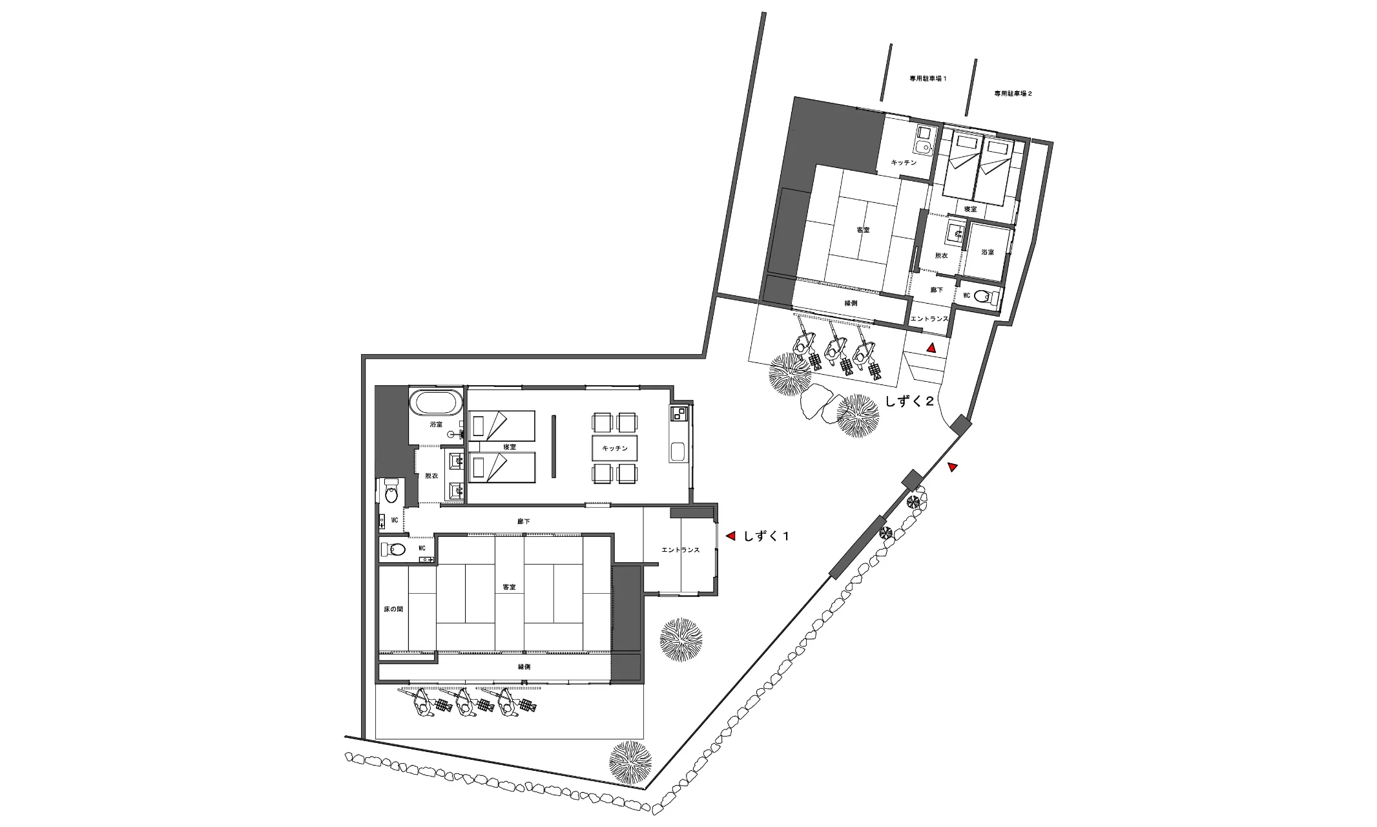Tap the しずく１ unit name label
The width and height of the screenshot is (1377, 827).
point(766,536)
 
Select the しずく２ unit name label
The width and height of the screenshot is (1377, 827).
point(909,401)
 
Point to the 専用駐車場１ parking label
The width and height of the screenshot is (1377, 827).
point(928,78)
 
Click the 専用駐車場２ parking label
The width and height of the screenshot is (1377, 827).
point(1013,94)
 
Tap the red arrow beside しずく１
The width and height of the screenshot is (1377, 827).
point(731,536)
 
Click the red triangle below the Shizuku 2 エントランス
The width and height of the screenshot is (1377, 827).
point(931,348)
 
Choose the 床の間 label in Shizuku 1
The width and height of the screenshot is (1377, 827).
point(393,609)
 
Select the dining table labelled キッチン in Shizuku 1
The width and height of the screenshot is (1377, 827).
point(615,448)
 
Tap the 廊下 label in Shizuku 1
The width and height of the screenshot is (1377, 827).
point(524,521)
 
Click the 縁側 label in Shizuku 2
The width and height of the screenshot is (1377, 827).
point(851,303)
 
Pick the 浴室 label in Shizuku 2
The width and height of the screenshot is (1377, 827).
point(988,252)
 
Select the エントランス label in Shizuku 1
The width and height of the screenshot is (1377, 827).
point(681,550)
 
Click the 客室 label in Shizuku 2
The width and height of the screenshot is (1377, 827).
point(862,230)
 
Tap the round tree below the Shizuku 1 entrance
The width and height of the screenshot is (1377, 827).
point(681,638)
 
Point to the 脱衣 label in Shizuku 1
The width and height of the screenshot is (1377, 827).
point(431,476)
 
